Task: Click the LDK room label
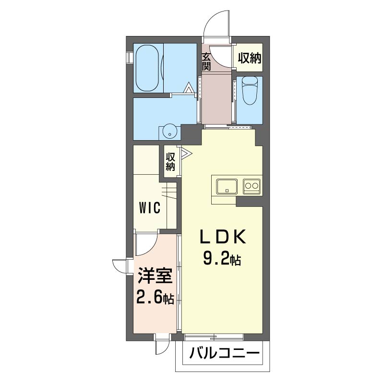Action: pos(223,237)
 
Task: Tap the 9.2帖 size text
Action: pos(222,259)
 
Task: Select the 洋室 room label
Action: pos(155,276)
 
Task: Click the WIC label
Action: pos(150,208)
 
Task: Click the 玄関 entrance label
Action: pos(206,62)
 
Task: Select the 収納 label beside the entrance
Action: pos(250,58)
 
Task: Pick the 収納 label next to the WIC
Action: pos(170,162)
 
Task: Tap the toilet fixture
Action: pos(250,90)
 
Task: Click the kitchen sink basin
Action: pos(227,186)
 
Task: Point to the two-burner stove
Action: pos(252,186)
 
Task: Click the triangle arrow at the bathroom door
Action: pos(189,88)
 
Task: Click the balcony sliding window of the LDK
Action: pos(214,337)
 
